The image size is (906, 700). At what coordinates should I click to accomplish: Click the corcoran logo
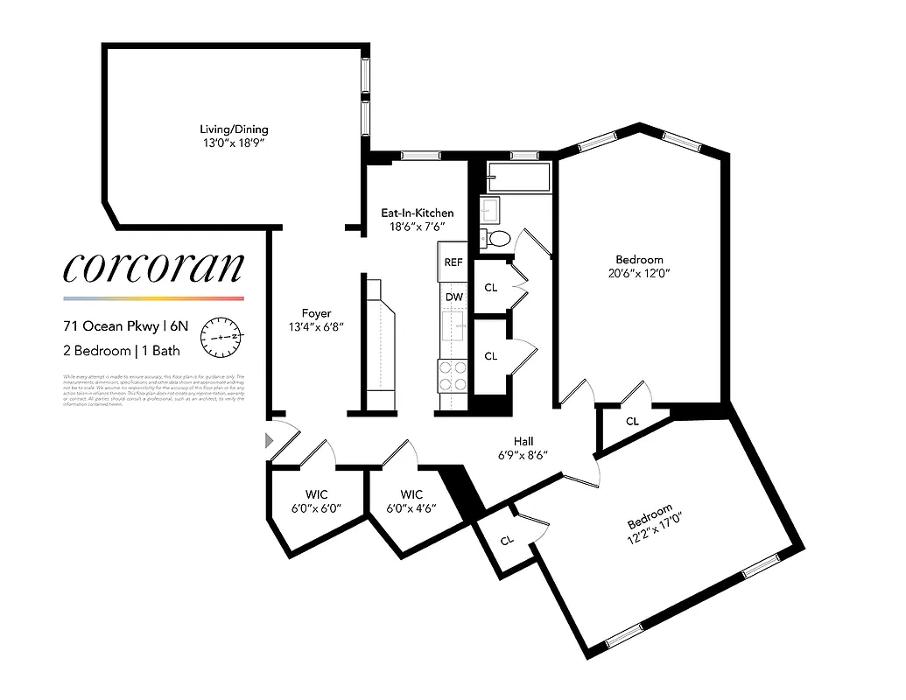[152, 268]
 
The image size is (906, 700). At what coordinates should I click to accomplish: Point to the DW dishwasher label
[453, 297]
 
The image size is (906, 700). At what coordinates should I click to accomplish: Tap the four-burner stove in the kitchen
[453, 376]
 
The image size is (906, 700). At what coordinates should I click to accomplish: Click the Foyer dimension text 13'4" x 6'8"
[316, 327]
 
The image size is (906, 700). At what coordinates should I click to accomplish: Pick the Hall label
[523, 441]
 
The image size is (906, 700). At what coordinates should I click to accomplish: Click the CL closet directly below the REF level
[490, 288]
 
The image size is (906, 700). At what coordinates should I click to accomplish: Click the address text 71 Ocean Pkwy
[112, 326]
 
